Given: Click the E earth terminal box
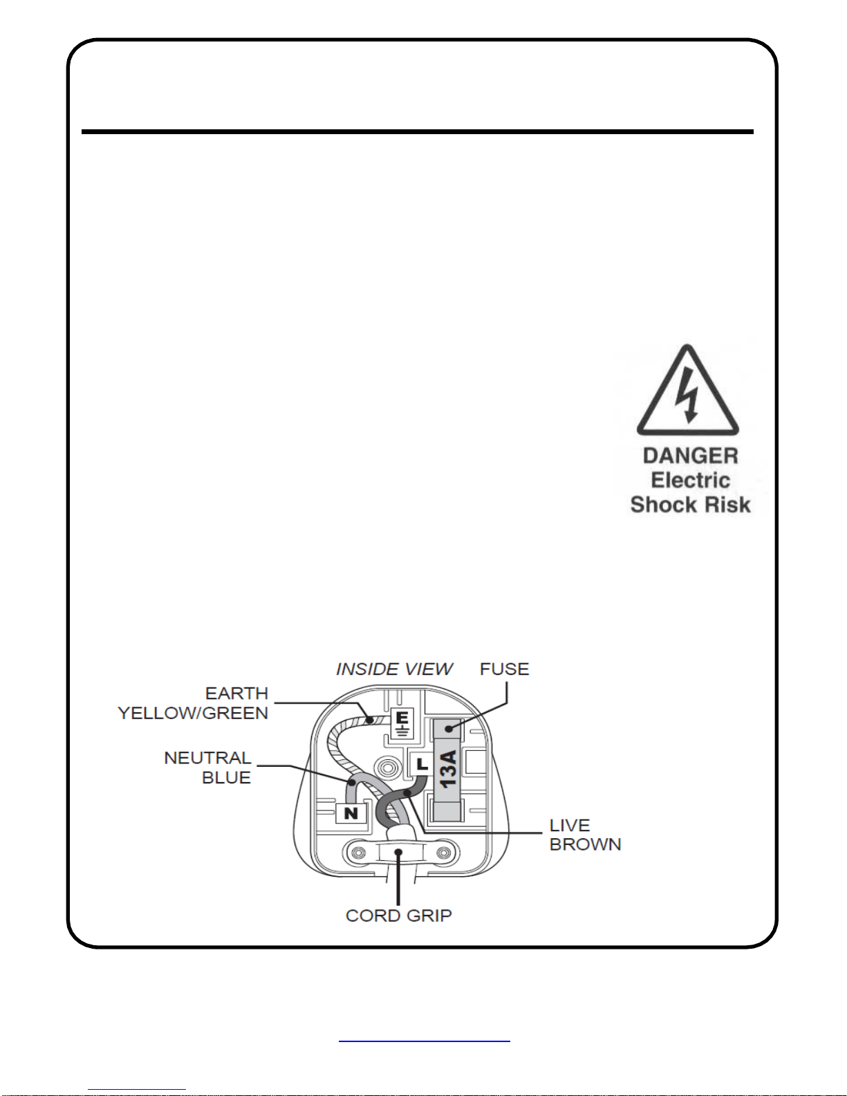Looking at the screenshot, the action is point(402,724).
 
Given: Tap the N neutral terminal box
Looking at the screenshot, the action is point(351,813).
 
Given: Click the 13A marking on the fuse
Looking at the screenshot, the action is point(448,769).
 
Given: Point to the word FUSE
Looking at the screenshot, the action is point(504,669).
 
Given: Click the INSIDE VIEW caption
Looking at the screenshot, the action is point(394,669).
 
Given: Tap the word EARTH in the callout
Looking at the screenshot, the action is point(236,693).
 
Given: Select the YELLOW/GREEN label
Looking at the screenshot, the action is point(193,713).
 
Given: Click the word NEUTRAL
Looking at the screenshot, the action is point(207,758).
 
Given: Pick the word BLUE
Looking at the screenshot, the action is point(226,778).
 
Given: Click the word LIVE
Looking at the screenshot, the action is point(570,825).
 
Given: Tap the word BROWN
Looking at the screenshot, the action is point(586,844).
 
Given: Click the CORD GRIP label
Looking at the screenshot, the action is point(399,916).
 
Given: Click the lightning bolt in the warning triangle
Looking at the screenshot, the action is point(687,395).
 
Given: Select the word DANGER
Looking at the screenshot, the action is point(690,456).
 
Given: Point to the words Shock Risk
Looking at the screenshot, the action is point(690,504).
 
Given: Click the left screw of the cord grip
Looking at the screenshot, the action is point(358,853).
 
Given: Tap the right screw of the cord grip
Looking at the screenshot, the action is point(443,853).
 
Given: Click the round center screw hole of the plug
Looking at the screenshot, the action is point(387,768).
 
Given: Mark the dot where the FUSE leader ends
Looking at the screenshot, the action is point(449,728).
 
